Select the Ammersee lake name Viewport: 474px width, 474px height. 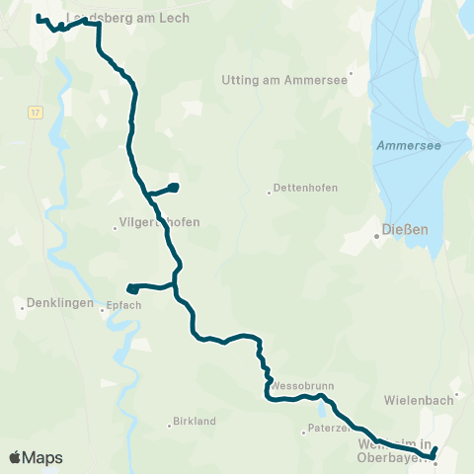409,145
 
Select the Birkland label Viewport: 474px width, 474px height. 194,422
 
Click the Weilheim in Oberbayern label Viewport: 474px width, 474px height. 395,450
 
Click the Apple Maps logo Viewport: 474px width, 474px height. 36,457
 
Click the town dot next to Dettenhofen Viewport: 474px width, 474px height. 269,192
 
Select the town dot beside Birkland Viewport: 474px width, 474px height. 169,426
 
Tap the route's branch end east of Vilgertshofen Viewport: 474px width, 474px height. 173,186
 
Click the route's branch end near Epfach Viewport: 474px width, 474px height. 131,288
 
